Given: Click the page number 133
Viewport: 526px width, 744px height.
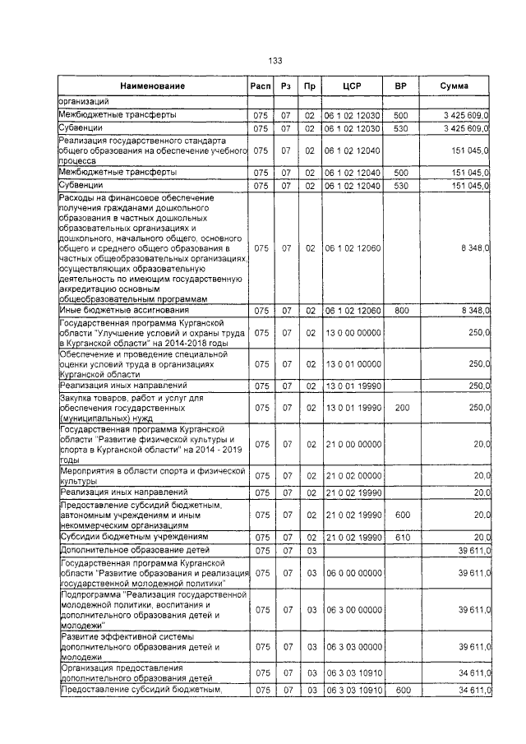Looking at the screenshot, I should (x=275, y=61).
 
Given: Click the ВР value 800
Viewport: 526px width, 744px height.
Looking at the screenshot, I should (x=400, y=311).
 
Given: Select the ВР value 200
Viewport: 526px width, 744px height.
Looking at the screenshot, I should (x=400, y=407).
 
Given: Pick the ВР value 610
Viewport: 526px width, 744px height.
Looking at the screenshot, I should (x=400, y=536).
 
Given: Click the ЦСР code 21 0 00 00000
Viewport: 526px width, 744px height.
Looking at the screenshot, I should (x=353, y=445).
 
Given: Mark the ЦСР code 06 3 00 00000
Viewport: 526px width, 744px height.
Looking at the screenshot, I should (x=353, y=609).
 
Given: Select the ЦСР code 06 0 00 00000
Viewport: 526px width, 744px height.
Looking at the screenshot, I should (x=353, y=572).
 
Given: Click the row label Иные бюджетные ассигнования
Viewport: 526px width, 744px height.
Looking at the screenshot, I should (x=123, y=311).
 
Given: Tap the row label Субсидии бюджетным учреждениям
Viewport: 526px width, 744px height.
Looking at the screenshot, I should (x=128, y=536).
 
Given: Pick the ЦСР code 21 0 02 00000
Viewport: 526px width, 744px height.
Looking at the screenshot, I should (x=353, y=476).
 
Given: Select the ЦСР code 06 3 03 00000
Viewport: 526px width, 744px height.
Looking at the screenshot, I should (x=353, y=647).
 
